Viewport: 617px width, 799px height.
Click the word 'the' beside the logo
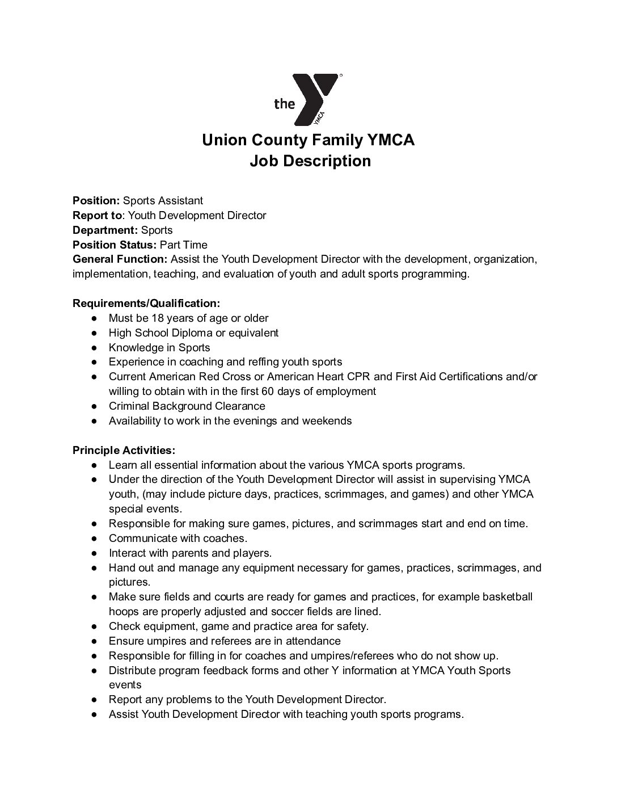click(x=285, y=103)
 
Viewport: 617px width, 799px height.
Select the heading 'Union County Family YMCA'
click(x=308, y=140)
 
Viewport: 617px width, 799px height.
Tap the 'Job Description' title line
click(x=310, y=161)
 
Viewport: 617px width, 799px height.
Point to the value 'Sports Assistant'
click(x=163, y=200)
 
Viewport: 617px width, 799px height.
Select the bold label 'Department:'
click(x=105, y=230)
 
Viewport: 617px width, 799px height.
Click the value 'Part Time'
click(x=184, y=245)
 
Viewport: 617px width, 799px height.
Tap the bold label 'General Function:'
click(x=120, y=259)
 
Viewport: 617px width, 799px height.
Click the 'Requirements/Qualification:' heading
click(x=146, y=304)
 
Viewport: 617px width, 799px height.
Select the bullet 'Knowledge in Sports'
click(x=159, y=348)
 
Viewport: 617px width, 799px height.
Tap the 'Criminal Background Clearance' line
click(x=187, y=406)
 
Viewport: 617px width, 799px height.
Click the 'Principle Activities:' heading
click(x=124, y=451)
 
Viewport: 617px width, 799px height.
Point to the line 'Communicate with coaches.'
click(x=178, y=539)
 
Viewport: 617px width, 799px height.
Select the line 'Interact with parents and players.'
click(x=190, y=553)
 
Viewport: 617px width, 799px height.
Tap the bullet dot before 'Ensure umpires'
click(x=95, y=641)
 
